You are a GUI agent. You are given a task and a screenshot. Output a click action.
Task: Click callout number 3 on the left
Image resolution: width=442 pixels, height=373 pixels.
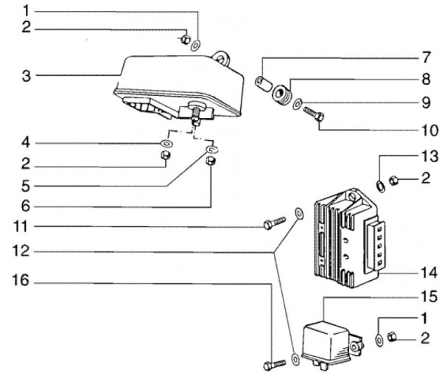click(27, 76)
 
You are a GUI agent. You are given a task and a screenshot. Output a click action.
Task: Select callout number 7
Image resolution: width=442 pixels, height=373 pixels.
click(426, 57)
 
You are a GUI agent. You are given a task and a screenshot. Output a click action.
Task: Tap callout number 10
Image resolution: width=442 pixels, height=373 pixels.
click(429, 130)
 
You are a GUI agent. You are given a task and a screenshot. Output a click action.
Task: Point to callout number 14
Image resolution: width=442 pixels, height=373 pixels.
click(429, 273)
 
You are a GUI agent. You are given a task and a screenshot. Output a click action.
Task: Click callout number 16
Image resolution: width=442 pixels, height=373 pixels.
click(21, 280)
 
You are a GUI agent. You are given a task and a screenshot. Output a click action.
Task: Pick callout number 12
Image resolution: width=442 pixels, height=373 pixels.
click(21, 251)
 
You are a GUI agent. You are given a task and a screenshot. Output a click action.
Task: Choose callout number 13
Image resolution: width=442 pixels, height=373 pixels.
click(429, 156)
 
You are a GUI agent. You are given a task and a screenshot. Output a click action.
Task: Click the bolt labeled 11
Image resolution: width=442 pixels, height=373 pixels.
click(275, 223)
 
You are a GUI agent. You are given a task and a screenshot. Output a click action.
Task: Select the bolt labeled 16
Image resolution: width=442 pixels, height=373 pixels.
click(275, 365)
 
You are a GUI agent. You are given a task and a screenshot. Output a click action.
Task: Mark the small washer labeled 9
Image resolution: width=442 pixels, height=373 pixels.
click(298, 104)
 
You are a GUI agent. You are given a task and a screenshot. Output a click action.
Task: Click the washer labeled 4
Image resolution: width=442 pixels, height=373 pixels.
click(166, 144)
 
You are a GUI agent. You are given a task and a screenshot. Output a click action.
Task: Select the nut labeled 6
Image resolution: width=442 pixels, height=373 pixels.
click(211, 161)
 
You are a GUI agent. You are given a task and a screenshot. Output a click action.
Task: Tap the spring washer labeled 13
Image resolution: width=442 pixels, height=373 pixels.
click(381, 186)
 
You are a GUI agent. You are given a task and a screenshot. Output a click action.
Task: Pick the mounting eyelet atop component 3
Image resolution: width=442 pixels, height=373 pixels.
click(222, 58)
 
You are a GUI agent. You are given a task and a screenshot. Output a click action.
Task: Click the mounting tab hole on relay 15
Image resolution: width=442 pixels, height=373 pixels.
click(354, 346)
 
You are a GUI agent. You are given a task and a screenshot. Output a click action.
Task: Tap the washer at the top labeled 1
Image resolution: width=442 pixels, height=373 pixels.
click(195, 46)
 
